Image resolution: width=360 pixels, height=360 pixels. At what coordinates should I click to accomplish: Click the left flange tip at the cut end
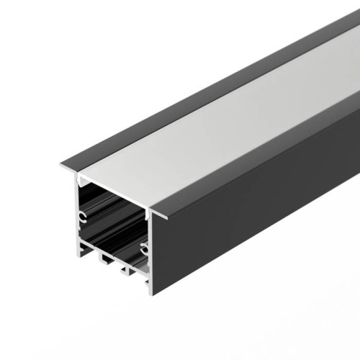60,168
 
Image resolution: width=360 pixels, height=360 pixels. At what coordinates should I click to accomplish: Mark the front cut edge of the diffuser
115,189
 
